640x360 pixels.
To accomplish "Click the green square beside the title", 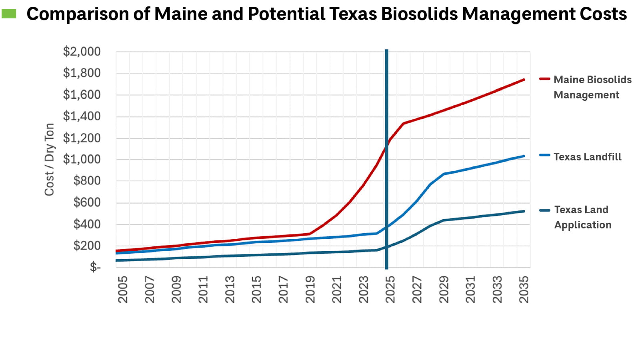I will point(9,14).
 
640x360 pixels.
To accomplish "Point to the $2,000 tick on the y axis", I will point(82,52).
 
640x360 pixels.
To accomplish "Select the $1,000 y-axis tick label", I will point(82,159).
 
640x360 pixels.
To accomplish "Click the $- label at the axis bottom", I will point(95,267).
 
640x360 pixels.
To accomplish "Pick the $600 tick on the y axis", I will point(87,202).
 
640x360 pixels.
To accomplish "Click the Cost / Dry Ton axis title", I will point(49,159).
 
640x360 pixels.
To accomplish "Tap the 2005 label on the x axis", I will point(123,289).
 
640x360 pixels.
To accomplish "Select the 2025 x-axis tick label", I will point(390,289).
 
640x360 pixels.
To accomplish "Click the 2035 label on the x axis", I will point(524,289).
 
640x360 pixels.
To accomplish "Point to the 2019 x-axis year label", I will point(310,289).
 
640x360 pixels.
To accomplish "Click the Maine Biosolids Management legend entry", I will point(592,87).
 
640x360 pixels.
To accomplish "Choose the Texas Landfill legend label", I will point(587,157).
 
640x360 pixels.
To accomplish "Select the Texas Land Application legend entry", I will point(582,217).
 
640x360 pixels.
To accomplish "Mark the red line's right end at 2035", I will point(524,80).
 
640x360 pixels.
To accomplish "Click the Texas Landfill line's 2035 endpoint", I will point(524,156).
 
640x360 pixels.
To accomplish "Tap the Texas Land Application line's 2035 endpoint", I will point(524,211).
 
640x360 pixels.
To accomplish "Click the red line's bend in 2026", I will point(403,123).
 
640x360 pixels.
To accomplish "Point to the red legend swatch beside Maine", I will point(544,79).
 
